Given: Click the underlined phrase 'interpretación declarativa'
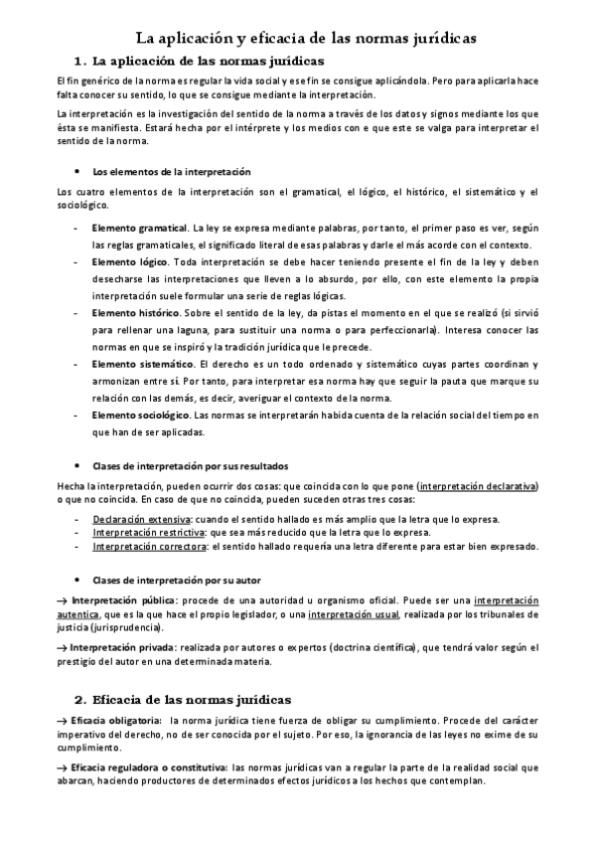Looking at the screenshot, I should (x=478, y=486).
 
